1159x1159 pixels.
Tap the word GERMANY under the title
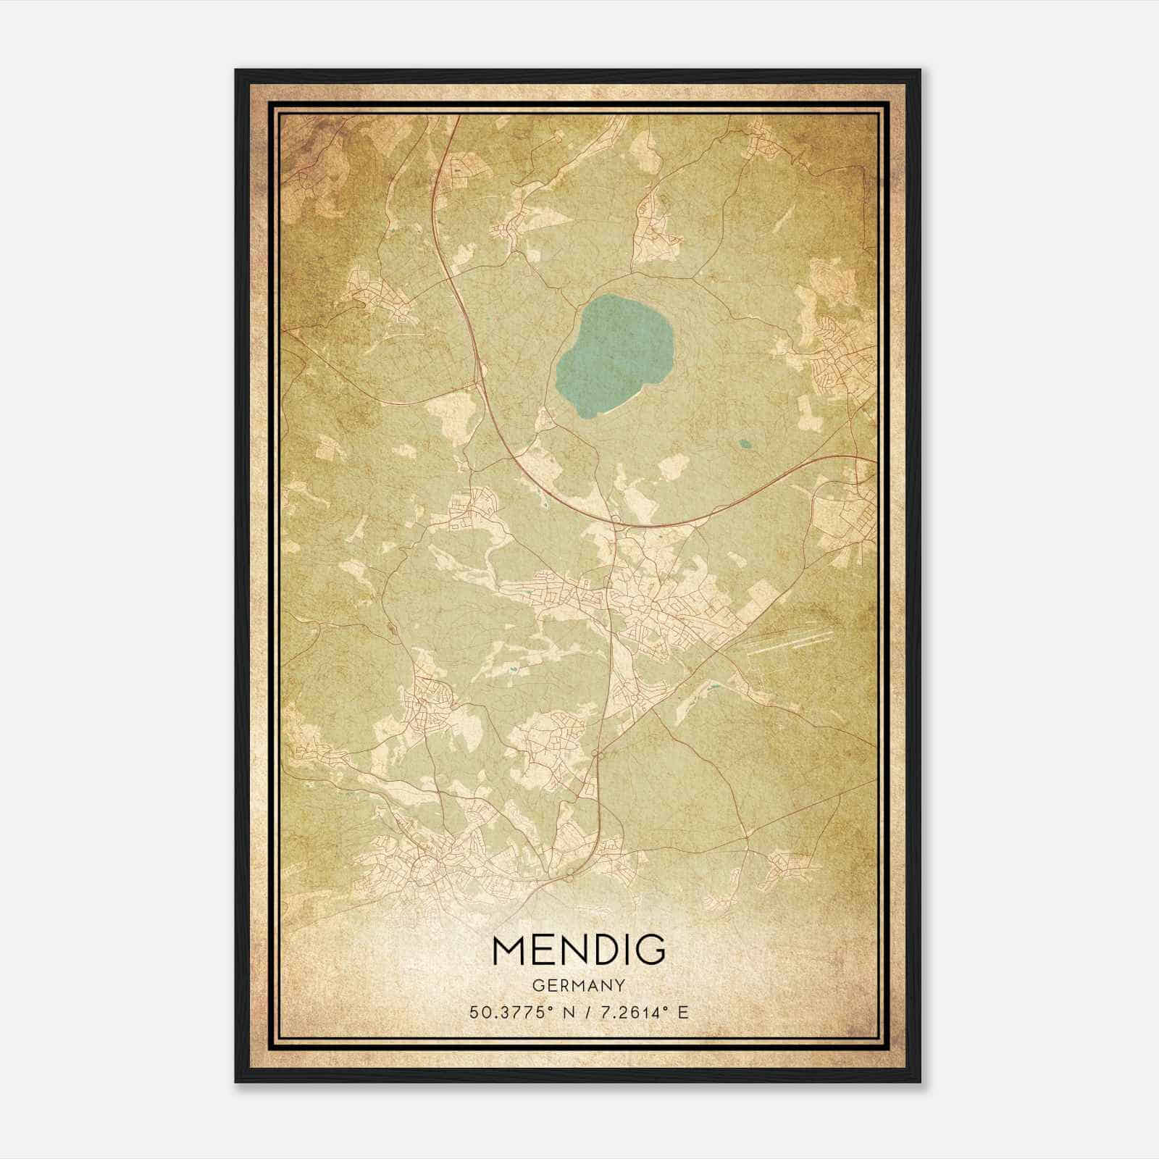[x=578, y=985]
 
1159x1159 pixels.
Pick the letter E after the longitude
[x=682, y=1012]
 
